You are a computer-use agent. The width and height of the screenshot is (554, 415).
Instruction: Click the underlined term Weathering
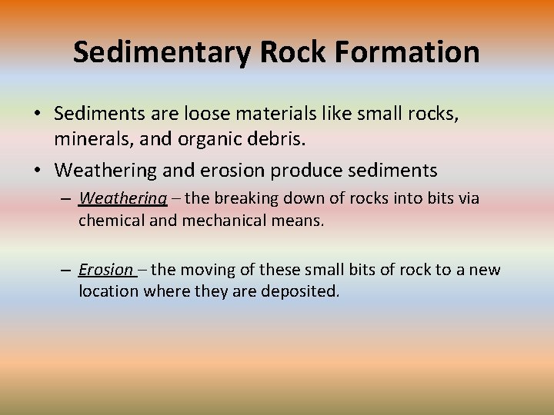pos(123,198)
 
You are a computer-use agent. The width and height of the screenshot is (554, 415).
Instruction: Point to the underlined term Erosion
pos(106,270)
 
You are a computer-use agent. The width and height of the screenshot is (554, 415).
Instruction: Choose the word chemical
pos(110,221)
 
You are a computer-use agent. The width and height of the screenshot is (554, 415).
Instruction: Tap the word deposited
pos(301,293)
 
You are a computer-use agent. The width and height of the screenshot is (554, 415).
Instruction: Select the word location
pos(106,293)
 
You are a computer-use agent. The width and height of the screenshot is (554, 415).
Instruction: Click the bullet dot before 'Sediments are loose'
pos(38,115)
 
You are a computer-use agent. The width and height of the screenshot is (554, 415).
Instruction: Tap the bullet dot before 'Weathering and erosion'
pos(38,169)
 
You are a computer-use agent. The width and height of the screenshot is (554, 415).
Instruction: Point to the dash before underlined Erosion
pos(67,271)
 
